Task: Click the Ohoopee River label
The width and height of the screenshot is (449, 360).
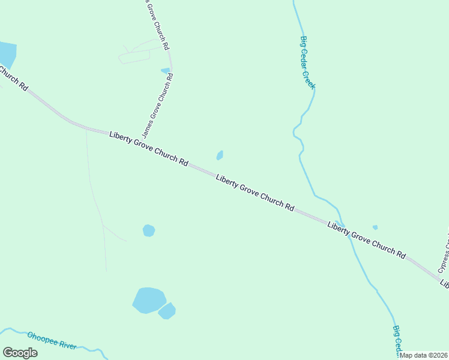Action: [x=52, y=341]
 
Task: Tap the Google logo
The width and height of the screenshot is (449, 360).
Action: [x=20, y=353]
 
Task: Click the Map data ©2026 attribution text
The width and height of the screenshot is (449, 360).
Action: [x=423, y=355]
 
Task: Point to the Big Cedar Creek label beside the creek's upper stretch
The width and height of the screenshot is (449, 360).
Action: [x=307, y=62]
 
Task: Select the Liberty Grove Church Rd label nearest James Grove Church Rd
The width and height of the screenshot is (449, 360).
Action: [x=149, y=149]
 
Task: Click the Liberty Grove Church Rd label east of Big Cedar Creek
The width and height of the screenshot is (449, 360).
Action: [x=367, y=240]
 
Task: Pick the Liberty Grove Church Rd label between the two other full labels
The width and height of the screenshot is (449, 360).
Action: [x=255, y=193]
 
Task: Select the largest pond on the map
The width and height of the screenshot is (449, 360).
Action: [x=148, y=300]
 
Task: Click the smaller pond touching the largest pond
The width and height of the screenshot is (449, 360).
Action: [x=167, y=311]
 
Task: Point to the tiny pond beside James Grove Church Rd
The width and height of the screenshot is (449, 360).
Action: [x=165, y=71]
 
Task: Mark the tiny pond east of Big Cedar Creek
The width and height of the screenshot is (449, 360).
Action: [x=375, y=227]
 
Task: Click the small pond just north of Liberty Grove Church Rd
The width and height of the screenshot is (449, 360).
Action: [x=220, y=155]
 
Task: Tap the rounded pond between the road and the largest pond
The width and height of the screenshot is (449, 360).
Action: [x=149, y=230]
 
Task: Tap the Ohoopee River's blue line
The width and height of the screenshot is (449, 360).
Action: [x=90, y=348]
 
